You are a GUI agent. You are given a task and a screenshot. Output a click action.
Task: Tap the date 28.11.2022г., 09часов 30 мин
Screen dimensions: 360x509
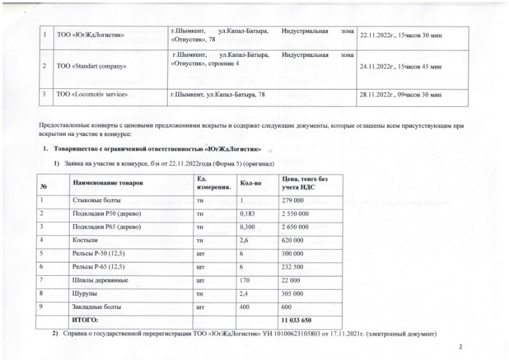click(400, 95)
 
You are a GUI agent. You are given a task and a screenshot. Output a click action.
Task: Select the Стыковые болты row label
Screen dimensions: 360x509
click(93, 200)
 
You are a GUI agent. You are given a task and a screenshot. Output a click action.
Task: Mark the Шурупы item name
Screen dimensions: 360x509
click(83, 294)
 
